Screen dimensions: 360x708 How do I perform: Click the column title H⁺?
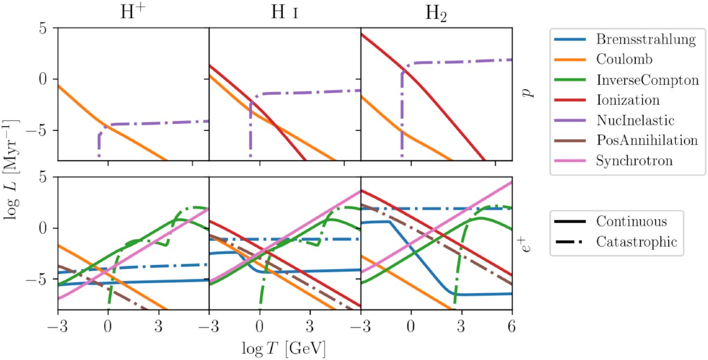(x=134, y=13)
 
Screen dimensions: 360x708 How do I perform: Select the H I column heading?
(x=285, y=13)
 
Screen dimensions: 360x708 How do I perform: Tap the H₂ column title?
(x=436, y=14)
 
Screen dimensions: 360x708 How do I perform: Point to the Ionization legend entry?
(x=628, y=100)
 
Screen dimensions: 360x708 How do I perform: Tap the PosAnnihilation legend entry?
(x=647, y=140)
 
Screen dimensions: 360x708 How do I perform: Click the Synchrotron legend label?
(x=635, y=160)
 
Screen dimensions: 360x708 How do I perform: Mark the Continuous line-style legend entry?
(x=631, y=222)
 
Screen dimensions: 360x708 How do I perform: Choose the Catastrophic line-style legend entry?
(x=636, y=242)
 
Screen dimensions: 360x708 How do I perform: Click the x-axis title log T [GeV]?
(x=285, y=348)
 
